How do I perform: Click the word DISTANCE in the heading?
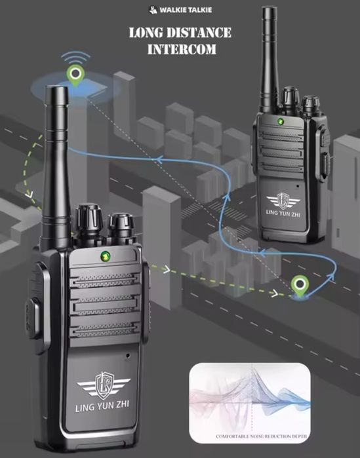pyautogui.click(x=199, y=33)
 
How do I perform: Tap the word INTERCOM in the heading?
pyautogui.click(x=182, y=49)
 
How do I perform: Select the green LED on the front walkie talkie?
pyautogui.click(x=105, y=256)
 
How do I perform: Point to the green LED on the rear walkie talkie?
pyautogui.click(x=281, y=121)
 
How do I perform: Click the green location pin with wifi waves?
pyautogui.click(x=75, y=75)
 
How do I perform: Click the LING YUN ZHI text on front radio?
pyautogui.click(x=102, y=406)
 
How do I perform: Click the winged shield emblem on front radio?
pyautogui.click(x=104, y=385)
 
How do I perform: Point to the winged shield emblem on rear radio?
pyautogui.click(x=283, y=200)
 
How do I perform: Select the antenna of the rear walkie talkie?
pyautogui.click(x=270, y=59)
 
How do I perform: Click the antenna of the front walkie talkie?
pyautogui.click(x=56, y=166)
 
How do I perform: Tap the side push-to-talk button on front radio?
pyautogui.click(x=33, y=317)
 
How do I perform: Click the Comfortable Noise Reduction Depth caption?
pyautogui.click(x=262, y=436)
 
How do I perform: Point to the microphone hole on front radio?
pyautogui.click(x=127, y=356)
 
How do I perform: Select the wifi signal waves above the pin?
pyautogui.click(x=75, y=57)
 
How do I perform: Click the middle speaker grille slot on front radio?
pyautogui.click(x=105, y=305)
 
